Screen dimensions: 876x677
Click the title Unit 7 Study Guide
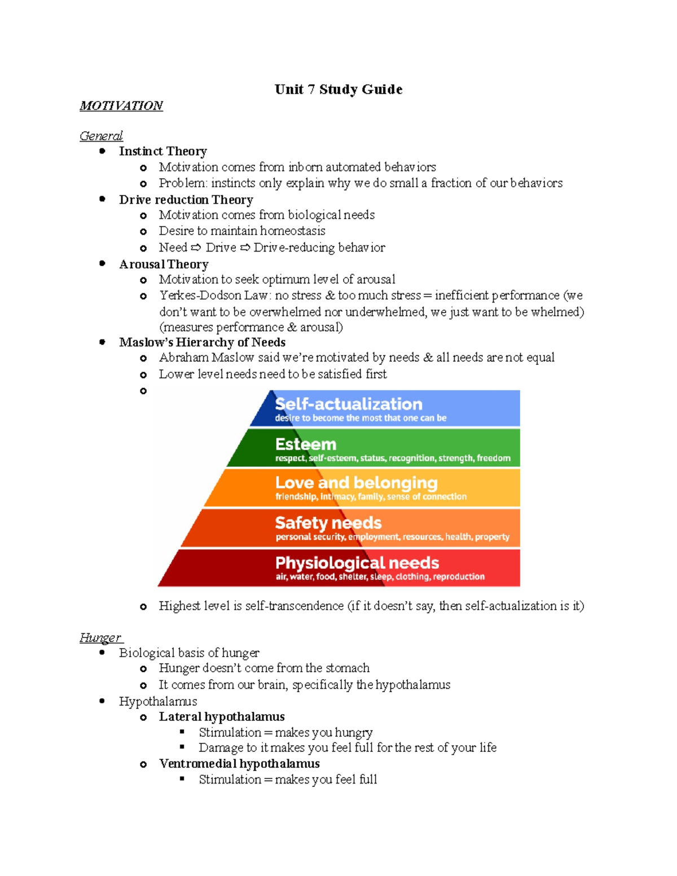[x=338, y=89]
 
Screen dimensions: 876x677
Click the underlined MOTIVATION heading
[x=121, y=105]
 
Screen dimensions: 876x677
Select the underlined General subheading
[x=101, y=136]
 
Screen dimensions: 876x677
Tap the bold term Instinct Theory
[x=162, y=151]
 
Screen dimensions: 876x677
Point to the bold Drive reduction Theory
[x=186, y=200]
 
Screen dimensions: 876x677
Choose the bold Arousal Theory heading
[x=164, y=264]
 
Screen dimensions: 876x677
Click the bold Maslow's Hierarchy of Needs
[x=202, y=342]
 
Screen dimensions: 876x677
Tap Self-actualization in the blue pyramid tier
[x=348, y=404]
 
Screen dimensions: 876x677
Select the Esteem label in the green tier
[x=305, y=444]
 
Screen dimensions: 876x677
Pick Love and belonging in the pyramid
[x=356, y=483]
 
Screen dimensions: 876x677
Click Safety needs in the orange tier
[x=328, y=523]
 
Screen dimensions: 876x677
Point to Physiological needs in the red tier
[x=357, y=563]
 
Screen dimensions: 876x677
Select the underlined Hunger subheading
[x=100, y=637]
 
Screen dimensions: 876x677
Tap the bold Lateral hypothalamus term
[x=221, y=716]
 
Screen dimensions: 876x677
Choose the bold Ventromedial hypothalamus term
[x=239, y=763]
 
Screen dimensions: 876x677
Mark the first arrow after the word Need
[x=196, y=248]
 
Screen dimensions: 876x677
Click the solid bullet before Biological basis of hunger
[x=102, y=653]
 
